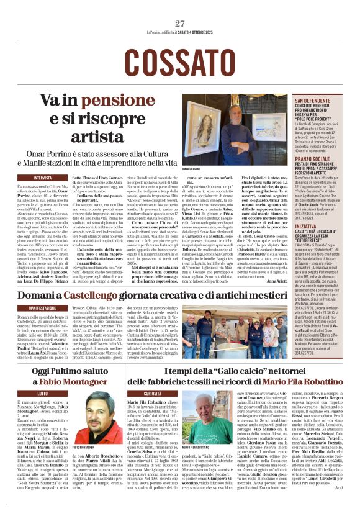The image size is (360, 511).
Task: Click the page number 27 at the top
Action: [x=180, y=23]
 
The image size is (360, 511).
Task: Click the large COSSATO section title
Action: [x=179, y=61]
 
